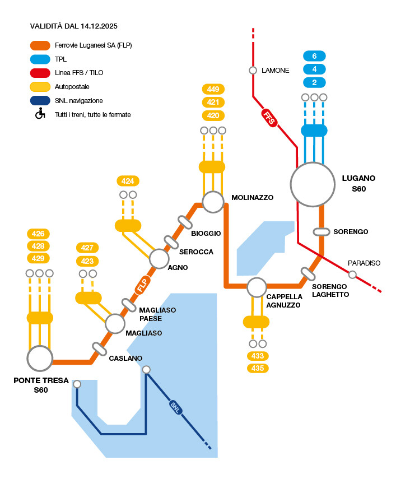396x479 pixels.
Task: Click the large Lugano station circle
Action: [x=313, y=184]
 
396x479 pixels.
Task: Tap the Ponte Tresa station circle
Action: [x=40, y=358]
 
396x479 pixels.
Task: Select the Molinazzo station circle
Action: [x=213, y=202]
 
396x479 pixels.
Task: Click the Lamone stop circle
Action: [x=253, y=71]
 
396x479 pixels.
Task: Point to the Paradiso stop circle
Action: [x=352, y=274]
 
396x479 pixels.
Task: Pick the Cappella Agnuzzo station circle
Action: [x=257, y=287]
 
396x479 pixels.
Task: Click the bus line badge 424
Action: [x=128, y=181]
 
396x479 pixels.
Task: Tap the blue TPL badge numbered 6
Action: [x=314, y=56]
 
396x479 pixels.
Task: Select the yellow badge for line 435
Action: [x=258, y=368]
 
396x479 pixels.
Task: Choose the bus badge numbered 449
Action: [x=213, y=89]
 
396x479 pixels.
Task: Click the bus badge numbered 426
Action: [x=39, y=233]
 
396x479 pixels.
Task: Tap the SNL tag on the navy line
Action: [x=175, y=408]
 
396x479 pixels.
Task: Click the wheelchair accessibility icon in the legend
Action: [x=40, y=114]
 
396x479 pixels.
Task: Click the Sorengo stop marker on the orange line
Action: [x=322, y=231]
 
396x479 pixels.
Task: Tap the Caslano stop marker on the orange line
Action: [x=100, y=349]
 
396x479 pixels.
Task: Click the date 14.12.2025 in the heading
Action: [x=98, y=26]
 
